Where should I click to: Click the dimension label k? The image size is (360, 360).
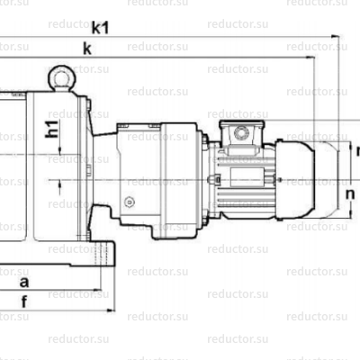pyautogui.click(x=86, y=49)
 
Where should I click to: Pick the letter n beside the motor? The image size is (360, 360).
pyautogui.click(x=351, y=191)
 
